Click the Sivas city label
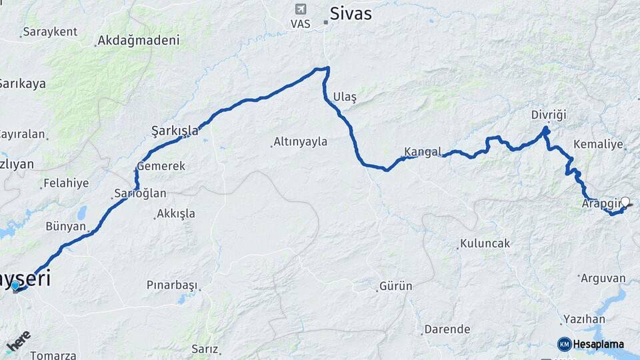tap(351, 13)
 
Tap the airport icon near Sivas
tap(300, 9)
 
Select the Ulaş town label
tap(345, 97)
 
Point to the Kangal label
tap(423, 151)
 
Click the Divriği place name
tap(549, 115)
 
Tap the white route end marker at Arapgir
tap(625, 201)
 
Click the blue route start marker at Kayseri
tap(15, 286)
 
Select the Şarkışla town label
tap(175, 131)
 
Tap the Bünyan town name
tap(66, 227)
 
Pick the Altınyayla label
tap(301, 142)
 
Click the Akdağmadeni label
tap(138, 41)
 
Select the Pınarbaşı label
tap(172, 285)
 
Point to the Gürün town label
tap(395, 287)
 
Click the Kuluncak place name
tap(485, 244)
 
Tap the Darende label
tap(447, 329)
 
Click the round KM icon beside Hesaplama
tap(564, 344)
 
